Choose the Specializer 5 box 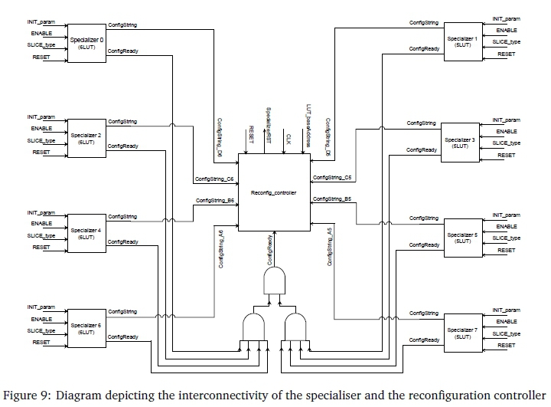pos(464,237)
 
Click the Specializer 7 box pos(464,333)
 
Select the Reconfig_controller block pos(274,192)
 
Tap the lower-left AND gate pos(253,327)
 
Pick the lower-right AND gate pos(294,327)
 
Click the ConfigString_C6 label pos(214,179)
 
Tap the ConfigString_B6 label pos(214,200)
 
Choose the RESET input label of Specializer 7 pos(506,346)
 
